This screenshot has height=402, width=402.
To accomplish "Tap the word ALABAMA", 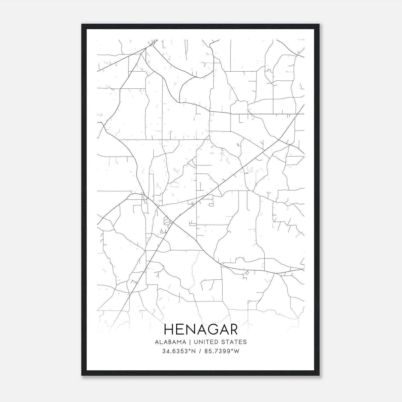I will click(171, 342).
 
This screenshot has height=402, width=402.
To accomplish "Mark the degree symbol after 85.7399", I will click(233, 350).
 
